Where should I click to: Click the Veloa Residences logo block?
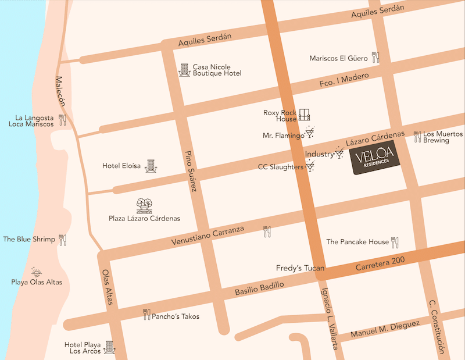pyautogui.click(x=377, y=161)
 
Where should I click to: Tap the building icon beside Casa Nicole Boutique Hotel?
pyautogui.click(x=184, y=70)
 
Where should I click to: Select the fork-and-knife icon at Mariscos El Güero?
pyautogui.click(x=376, y=58)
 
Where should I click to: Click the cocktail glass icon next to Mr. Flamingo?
pyautogui.click(x=310, y=133)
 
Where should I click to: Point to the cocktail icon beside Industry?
pyautogui.click(x=339, y=154)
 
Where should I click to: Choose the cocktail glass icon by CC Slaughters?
pyautogui.click(x=310, y=167)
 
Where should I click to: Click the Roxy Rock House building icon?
pyautogui.click(x=305, y=115)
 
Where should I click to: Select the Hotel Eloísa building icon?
pyautogui.click(x=151, y=166)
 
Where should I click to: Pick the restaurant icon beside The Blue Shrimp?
pyautogui.click(x=63, y=240)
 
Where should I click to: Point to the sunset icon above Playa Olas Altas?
pyautogui.click(x=37, y=272)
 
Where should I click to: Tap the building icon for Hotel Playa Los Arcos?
pyautogui.click(x=108, y=347)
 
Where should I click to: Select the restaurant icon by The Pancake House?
pyautogui.click(x=395, y=241)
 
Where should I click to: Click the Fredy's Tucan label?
pyautogui.click(x=299, y=269)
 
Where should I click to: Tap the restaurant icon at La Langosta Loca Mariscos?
pyautogui.click(x=63, y=120)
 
